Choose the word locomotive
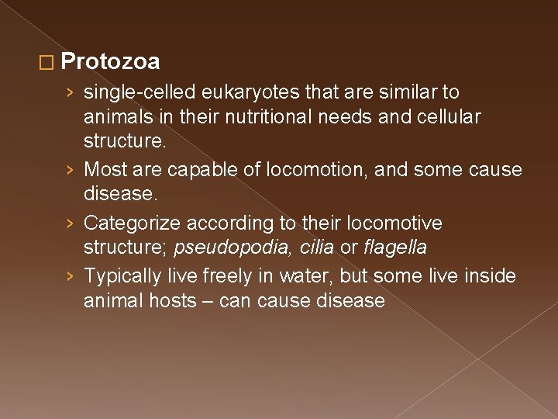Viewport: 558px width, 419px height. tap(396, 223)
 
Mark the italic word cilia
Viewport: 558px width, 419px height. tap(315, 248)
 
